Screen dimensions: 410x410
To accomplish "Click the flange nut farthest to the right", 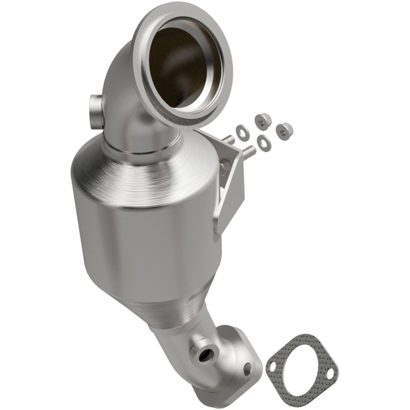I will (x=282, y=131).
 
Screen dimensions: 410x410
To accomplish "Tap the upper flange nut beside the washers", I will (x=261, y=120).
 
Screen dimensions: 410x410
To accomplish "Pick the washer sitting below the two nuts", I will (x=264, y=143).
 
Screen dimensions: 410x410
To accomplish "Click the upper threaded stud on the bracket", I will (x=229, y=139).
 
